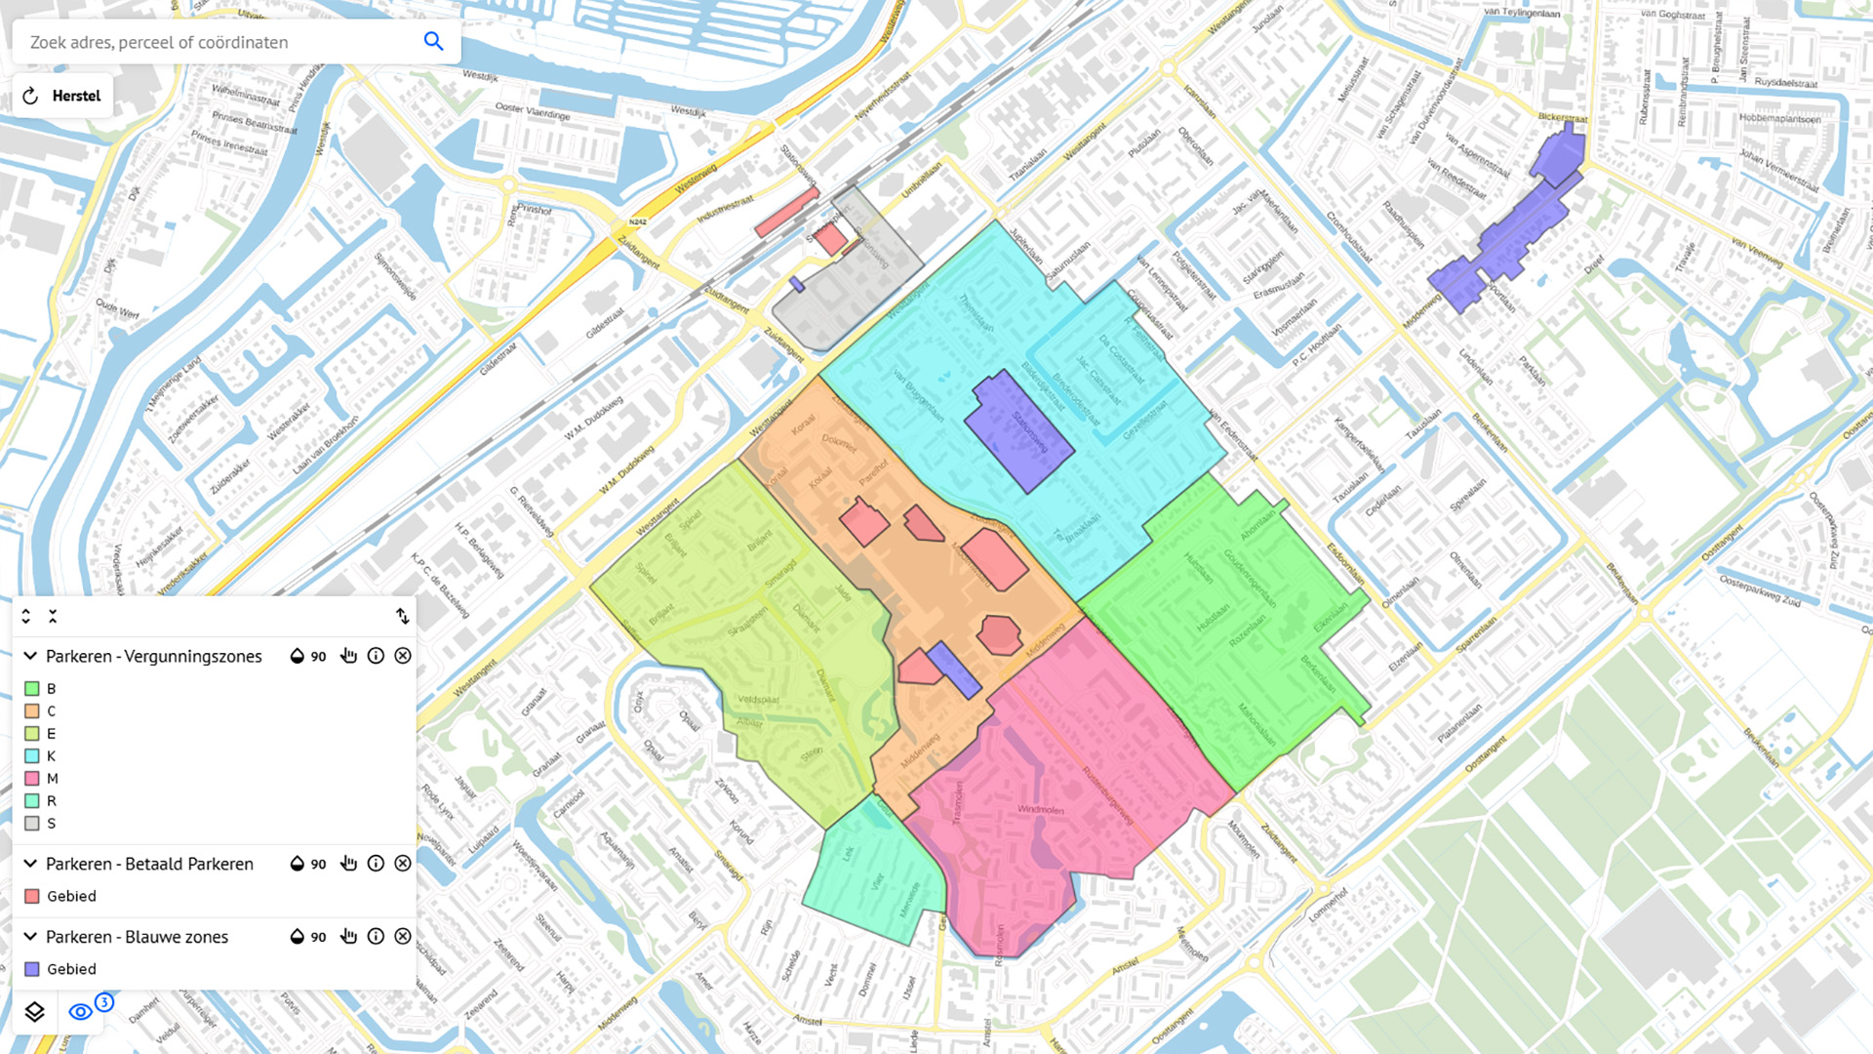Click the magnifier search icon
click(x=433, y=41)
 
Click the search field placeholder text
click(x=159, y=42)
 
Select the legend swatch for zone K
click(x=32, y=756)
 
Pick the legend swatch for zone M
click(x=32, y=779)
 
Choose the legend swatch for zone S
click(x=32, y=824)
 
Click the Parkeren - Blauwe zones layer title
click(x=137, y=937)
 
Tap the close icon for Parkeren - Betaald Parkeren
click(x=403, y=864)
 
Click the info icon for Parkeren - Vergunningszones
click(x=376, y=656)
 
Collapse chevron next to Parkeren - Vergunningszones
click(x=30, y=656)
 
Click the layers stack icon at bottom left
click(x=34, y=1012)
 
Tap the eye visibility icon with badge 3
click(x=81, y=1012)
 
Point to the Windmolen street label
click(x=1040, y=810)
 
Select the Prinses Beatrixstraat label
click(x=255, y=122)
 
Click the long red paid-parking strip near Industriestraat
click(x=786, y=213)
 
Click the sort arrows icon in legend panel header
click(x=403, y=617)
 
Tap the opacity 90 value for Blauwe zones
click(x=318, y=937)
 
